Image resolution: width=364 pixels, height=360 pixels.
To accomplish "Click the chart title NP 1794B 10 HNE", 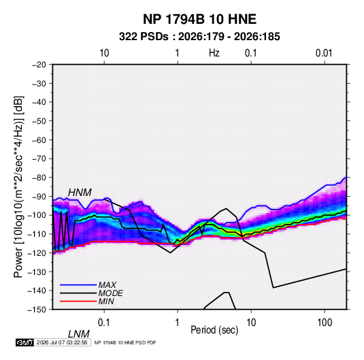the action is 199,19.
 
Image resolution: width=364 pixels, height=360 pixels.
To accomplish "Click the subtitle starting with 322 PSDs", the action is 199,37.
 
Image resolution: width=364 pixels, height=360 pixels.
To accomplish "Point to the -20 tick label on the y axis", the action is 39,65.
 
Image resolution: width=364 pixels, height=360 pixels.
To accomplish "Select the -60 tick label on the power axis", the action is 39,140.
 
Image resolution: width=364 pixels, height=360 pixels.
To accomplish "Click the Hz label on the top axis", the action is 214,53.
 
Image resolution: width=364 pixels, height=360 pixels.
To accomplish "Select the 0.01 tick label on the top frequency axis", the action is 324,53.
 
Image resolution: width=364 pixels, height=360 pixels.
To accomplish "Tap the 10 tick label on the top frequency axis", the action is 104,53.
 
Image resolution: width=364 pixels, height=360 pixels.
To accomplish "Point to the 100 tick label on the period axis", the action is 325,323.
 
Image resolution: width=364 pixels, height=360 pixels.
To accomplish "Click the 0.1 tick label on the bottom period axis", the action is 104,323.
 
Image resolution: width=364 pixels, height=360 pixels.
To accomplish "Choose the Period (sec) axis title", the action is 214,330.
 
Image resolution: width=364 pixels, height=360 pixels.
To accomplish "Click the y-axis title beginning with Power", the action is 18,186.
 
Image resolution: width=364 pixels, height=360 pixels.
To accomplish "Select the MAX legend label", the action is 107,285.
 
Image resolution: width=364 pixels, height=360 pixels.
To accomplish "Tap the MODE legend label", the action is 110,293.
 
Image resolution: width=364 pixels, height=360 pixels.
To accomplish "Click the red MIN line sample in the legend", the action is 78,301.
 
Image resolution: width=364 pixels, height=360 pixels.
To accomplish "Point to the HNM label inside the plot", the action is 80,193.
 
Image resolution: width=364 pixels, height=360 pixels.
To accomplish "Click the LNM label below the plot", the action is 79,334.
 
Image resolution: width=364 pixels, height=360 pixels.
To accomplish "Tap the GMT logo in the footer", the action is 25,342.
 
